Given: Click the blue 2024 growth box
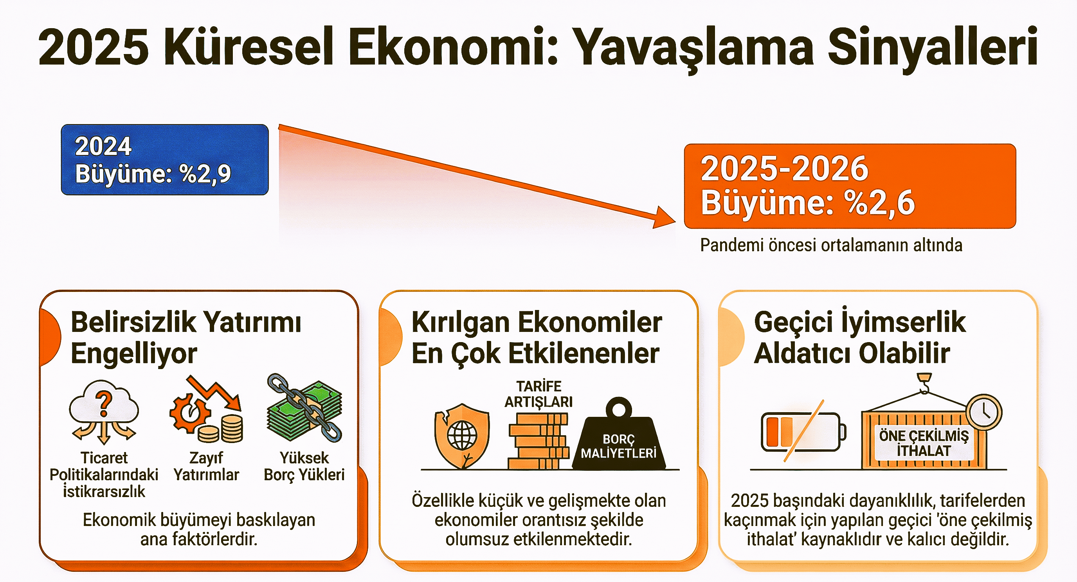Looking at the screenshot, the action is point(165,160).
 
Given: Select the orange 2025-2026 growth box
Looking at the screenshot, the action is point(850,186).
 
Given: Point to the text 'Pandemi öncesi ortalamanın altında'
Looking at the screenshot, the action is point(831,245).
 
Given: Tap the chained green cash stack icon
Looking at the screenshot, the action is point(304,408).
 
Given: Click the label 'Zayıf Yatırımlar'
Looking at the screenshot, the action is point(206,466).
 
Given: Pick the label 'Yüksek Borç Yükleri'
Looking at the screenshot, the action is point(304,466).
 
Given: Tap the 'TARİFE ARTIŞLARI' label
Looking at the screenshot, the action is point(538,394).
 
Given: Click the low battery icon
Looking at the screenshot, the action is point(803,432).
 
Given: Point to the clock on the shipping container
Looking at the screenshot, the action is point(984,412).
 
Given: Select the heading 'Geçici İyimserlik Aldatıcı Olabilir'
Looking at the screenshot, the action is point(859,337).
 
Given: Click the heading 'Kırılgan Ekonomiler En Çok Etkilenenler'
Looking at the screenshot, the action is point(537,337).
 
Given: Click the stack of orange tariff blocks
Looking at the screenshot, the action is point(538,441).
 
